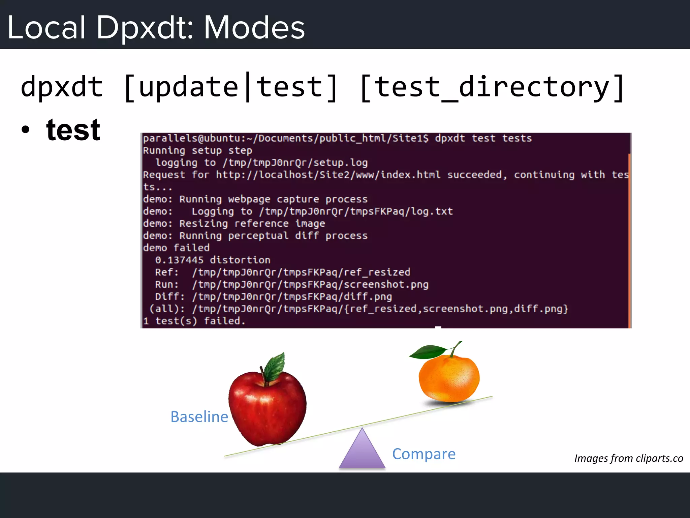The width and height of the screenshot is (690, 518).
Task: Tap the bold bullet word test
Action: tap(73, 130)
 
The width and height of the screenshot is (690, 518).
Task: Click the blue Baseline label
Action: tap(199, 417)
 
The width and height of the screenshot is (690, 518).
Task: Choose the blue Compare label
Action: tap(424, 454)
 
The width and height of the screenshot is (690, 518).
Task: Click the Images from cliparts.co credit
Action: tap(628, 458)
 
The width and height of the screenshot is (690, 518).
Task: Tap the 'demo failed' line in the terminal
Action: tap(176, 248)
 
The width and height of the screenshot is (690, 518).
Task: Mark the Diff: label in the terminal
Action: tap(169, 297)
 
